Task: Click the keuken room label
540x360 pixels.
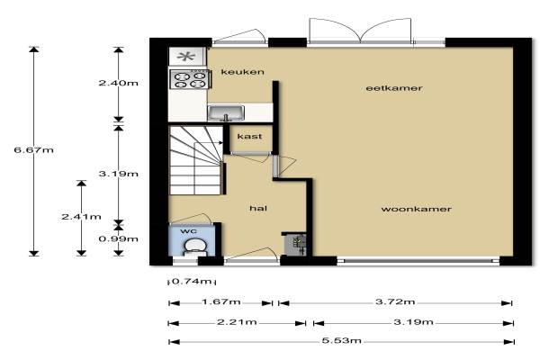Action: point(242,72)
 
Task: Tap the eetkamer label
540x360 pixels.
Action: point(394,88)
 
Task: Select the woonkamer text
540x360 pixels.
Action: point(416,209)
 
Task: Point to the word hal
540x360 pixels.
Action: point(258,208)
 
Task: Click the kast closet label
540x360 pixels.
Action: point(249,137)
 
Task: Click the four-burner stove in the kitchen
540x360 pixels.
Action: point(190,79)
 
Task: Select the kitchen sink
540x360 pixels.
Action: point(226,113)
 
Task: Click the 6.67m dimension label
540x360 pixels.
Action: point(34,150)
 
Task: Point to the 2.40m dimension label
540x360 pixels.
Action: point(119,83)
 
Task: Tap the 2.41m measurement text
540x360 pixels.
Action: point(81,217)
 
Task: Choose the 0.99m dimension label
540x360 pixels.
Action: point(119,238)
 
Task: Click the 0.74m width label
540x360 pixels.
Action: point(191,282)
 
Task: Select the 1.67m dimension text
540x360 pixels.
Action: point(221,302)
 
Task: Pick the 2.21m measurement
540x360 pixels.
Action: point(237,322)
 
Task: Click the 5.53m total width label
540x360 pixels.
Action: point(342,341)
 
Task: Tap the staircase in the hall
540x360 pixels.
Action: point(196,160)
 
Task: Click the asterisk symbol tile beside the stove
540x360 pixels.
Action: point(187,57)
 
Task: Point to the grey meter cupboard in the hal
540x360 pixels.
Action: point(296,245)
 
